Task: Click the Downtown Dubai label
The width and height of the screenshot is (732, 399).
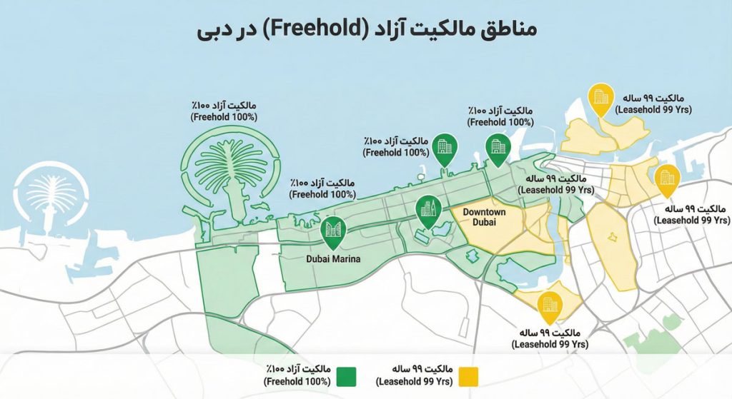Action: point(484,218)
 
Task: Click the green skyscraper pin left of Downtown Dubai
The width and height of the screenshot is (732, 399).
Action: point(429,211)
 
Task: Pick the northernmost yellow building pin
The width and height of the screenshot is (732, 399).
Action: point(599,99)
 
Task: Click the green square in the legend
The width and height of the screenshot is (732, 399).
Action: point(347,376)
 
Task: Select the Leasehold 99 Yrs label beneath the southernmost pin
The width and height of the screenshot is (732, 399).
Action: point(550,338)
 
